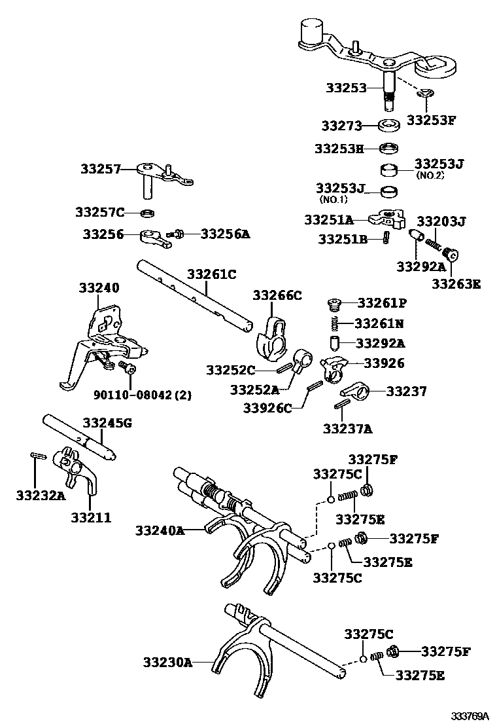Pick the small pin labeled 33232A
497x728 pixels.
tap(37, 456)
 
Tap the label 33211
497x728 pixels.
tap(91, 517)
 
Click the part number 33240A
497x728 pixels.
tap(160, 530)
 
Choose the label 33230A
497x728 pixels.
tap(167, 663)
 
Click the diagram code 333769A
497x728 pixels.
tap(469, 716)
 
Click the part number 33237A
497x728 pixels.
tap(347, 429)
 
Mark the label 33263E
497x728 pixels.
tap(456, 284)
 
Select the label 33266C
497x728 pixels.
tap(277, 295)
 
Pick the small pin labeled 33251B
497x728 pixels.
tap(386, 239)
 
